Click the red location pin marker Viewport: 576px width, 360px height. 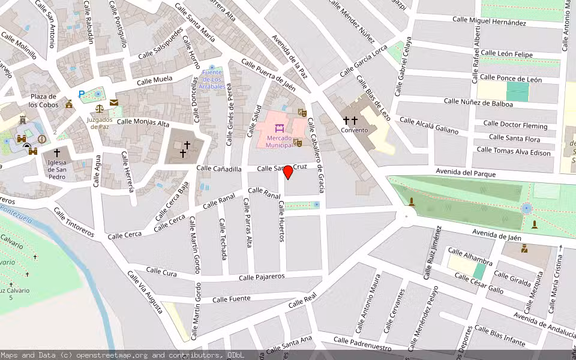[288, 172]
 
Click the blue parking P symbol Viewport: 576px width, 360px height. [82, 94]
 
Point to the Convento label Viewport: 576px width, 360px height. [354, 130]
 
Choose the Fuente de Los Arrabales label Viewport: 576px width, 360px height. [213, 80]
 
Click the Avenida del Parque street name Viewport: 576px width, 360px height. [466, 174]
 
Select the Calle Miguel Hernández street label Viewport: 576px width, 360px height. [489, 21]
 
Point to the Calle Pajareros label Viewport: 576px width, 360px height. [261, 277]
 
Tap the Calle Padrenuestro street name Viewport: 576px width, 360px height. [362, 344]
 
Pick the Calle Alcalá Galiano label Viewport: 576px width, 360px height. [428, 125]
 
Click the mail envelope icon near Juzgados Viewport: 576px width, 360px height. [113, 103]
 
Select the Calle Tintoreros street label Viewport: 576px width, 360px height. [74, 223]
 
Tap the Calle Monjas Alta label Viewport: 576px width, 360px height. [143, 122]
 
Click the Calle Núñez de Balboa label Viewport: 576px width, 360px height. [478, 102]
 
